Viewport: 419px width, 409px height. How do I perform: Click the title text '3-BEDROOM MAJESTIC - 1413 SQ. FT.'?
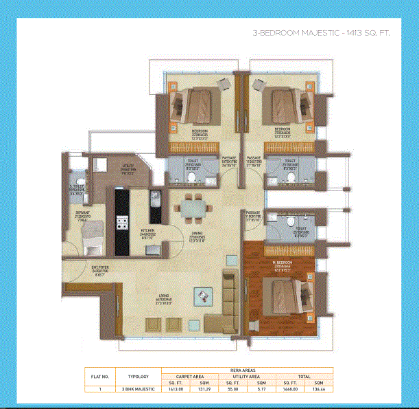pyautogui.click(x=321, y=33)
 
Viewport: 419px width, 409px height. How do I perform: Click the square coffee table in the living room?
pyautogui.click(x=203, y=296)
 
